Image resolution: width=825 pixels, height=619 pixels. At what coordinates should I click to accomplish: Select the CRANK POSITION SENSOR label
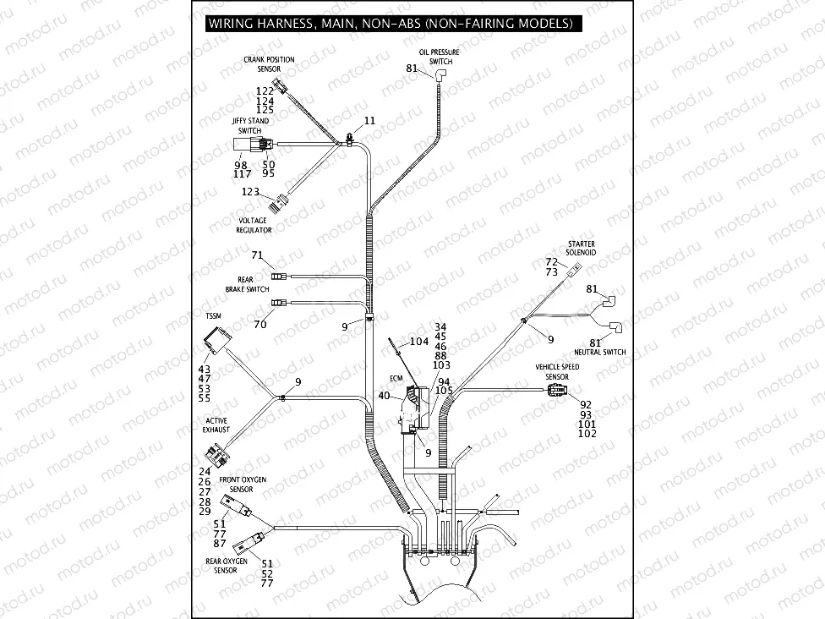click(269, 63)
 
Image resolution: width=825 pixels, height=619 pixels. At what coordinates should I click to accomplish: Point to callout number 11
click(369, 122)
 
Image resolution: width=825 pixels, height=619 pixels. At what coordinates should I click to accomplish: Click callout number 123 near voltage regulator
click(250, 192)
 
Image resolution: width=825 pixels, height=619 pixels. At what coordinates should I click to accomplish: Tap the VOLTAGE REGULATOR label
click(254, 225)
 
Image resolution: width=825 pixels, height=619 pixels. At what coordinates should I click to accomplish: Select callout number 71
click(258, 255)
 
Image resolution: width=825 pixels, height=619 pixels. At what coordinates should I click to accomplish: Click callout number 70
click(260, 323)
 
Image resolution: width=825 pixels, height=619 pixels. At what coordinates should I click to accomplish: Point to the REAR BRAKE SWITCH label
click(247, 285)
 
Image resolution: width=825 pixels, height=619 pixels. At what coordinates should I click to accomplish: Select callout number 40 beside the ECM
click(385, 395)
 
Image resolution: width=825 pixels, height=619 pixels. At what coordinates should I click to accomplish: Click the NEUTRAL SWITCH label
click(599, 352)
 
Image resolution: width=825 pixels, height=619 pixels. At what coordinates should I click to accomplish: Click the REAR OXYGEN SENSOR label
click(227, 565)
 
